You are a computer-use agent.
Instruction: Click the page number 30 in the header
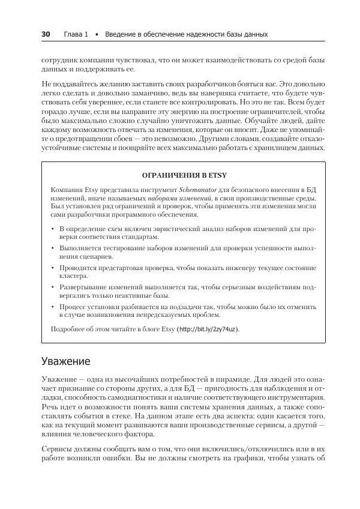pyautogui.click(x=46, y=34)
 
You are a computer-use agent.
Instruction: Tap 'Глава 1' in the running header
pyautogui.click(x=76, y=34)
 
